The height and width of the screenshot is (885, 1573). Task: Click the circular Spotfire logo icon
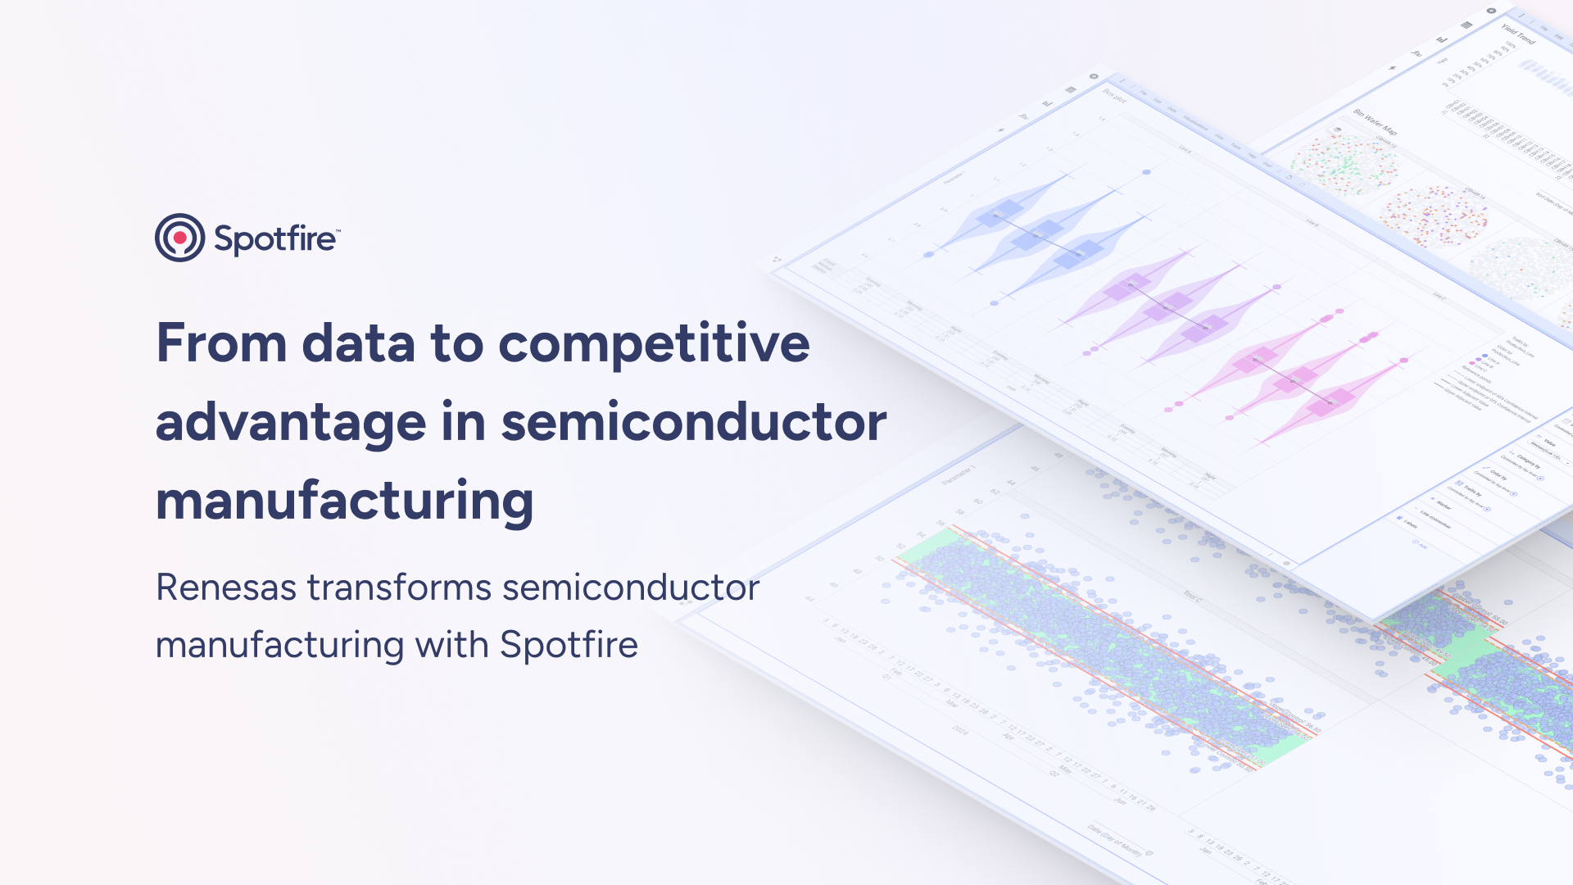(x=179, y=238)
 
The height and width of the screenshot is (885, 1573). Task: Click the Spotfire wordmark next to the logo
(x=275, y=239)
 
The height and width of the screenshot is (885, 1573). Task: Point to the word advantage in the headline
(x=290, y=423)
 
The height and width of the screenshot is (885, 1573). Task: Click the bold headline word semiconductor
(x=693, y=423)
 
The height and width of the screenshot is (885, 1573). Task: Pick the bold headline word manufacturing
(x=344, y=501)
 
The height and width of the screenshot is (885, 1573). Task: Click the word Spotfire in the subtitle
(x=569, y=645)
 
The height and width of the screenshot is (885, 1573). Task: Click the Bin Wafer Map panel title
(x=1375, y=121)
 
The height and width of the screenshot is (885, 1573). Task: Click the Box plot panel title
(x=1114, y=96)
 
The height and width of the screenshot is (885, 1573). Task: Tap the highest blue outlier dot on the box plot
(x=1146, y=172)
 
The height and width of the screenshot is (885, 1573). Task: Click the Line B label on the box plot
(x=1312, y=223)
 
